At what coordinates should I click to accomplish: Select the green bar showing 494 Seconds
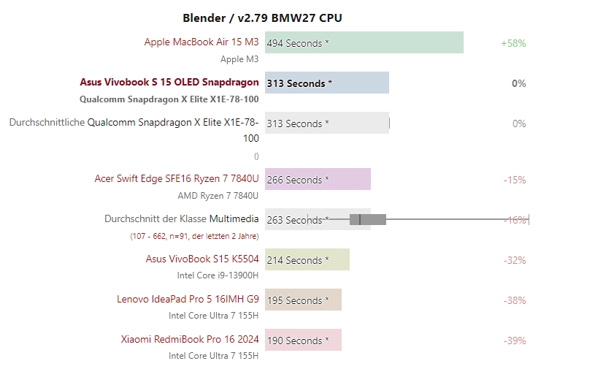point(364,42)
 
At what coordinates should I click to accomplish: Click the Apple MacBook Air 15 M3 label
point(201,42)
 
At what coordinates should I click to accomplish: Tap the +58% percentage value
point(513,43)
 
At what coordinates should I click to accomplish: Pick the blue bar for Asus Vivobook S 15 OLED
point(326,83)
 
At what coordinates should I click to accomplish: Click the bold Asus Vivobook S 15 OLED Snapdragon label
point(169,83)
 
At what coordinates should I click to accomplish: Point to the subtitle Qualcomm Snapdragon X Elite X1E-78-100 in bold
point(169,99)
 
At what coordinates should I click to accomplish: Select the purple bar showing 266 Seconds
point(318,179)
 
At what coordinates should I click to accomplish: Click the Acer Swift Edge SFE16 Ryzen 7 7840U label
point(177,179)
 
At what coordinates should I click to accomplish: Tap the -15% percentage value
point(515,180)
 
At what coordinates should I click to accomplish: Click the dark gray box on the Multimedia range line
point(368,219)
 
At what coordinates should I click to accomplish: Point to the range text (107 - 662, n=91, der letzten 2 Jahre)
point(194,236)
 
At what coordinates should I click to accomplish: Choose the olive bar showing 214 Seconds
point(307,259)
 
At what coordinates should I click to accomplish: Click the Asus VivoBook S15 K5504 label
point(202,259)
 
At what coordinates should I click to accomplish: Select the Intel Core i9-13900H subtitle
point(218,275)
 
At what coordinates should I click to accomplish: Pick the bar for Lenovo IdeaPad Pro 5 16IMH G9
point(303,300)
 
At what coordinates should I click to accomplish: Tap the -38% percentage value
point(515,300)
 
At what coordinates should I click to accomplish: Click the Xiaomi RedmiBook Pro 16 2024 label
point(190,340)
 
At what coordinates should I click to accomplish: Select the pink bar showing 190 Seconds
point(303,340)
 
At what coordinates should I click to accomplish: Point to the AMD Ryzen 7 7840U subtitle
point(218,196)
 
